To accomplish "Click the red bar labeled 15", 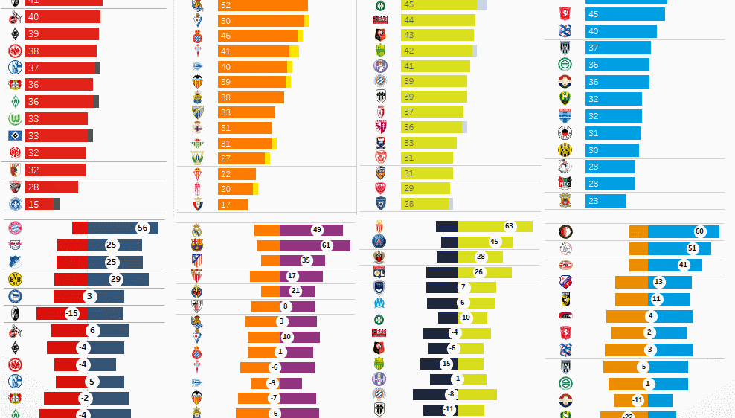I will pyautogui.click(x=39, y=205).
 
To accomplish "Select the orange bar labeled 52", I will pyautogui.click(x=262, y=5).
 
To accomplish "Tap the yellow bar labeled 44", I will pyautogui.click(x=437, y=20).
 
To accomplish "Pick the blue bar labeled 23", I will pyautogui.click(x=606, y=201).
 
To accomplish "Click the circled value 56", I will pyautogui.click(x=143, y=228).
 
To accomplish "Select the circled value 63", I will pyautogui.click(x=510, y=226).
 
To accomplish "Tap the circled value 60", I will pyautogui.click(x=699, y=231).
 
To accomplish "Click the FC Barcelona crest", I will pyautogui.click(x=196, y=245).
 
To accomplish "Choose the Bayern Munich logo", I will pyautogui.click(x=15, y=228).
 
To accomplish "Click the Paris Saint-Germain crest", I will pyautogui.click(x=379, y=241).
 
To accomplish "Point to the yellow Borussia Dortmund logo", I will pyautogui.click(x=15, y=279).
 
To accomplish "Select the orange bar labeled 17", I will pyautogui.click(x=232, y=205).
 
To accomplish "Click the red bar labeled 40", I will pyautogui.click(x=62, y=16).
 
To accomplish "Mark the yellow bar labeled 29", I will pyautogui.click(x=427, y=188).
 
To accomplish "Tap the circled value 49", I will pyautogui.click(x=317, y=230).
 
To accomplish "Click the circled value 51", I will pyautogui.click(x=693, y=248).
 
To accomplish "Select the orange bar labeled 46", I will pyautogui.click(x=257, y=36).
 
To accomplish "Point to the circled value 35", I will pyautogui.click(x=306, y=260).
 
